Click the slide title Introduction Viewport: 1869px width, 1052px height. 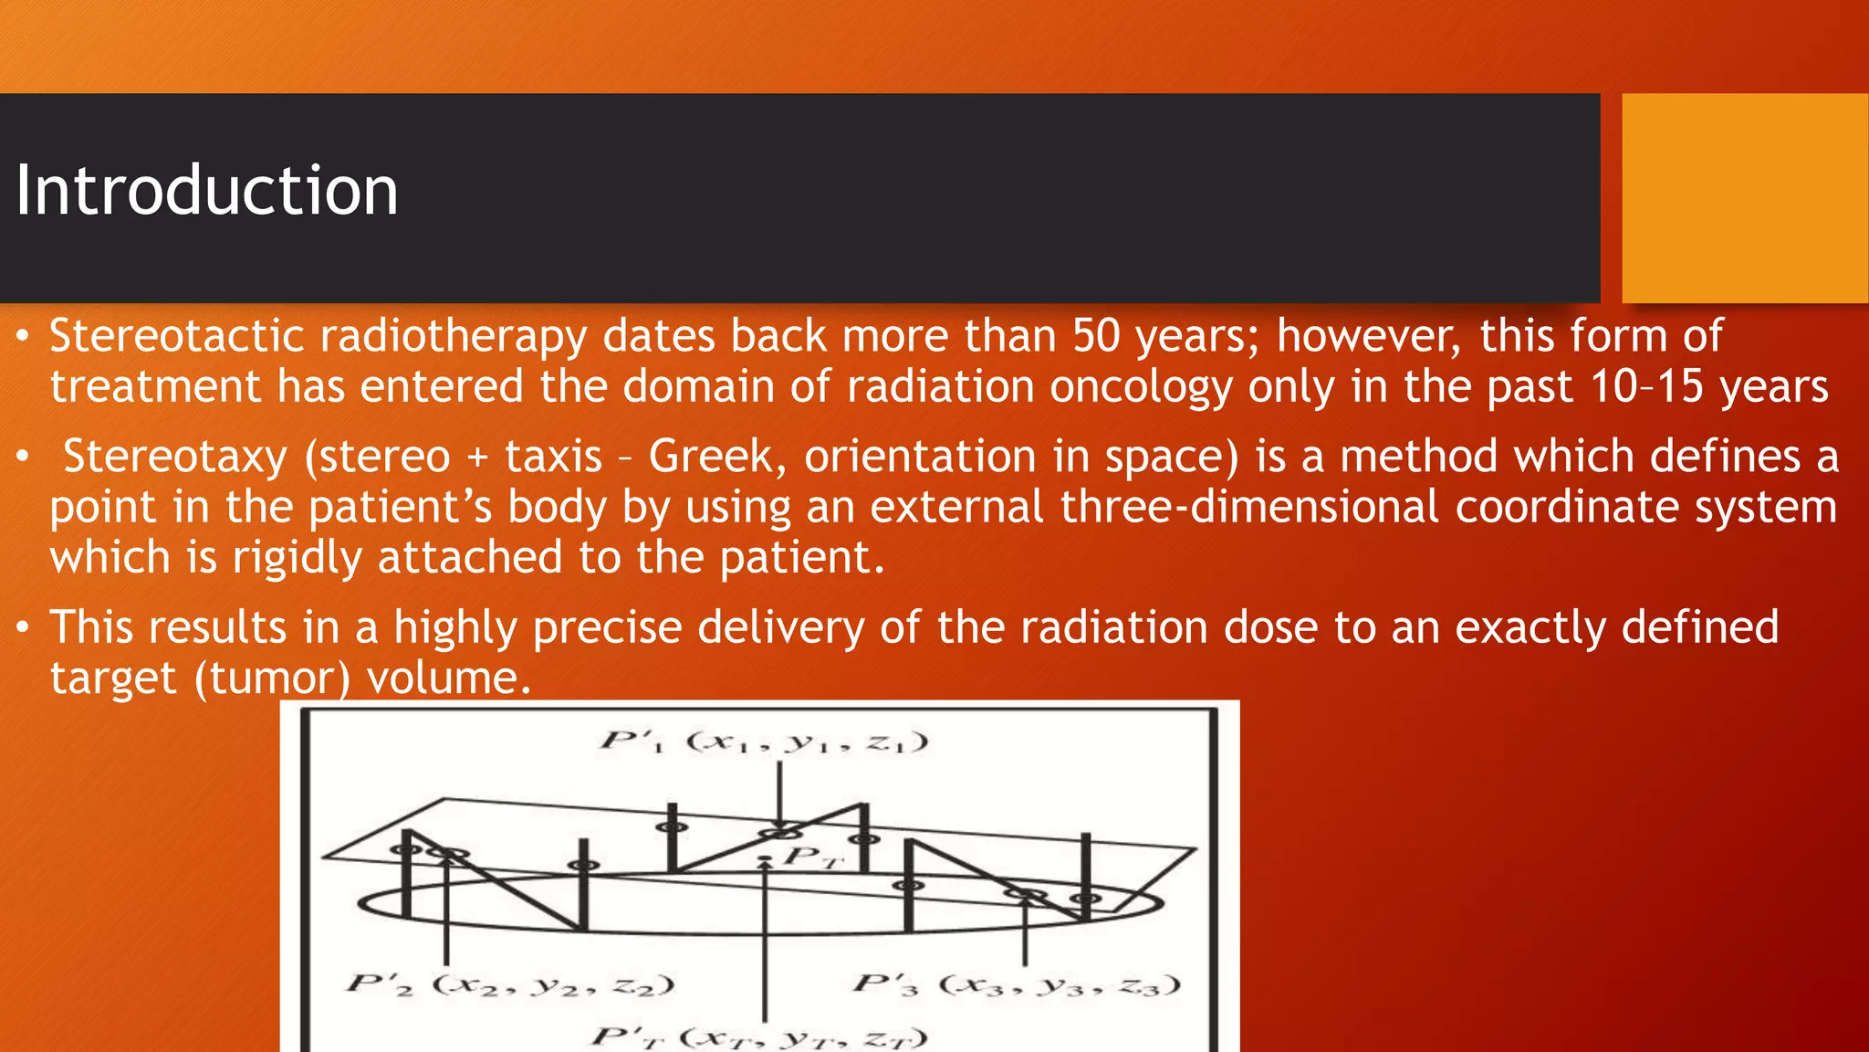207,190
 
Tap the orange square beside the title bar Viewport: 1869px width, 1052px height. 1744,197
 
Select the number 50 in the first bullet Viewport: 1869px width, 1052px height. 1096,335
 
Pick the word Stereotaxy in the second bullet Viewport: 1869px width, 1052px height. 175,457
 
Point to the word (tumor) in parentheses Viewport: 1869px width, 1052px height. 272,679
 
